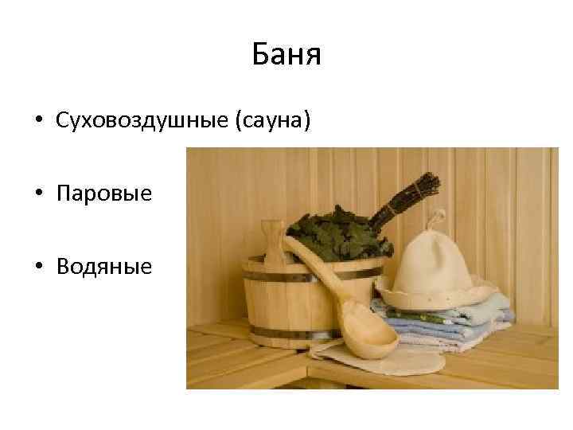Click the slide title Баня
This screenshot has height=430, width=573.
tap(286, 55)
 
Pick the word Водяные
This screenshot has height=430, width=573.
tap(103, 266)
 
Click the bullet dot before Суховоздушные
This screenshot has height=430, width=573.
tap(37, 122)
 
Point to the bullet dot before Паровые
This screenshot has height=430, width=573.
tap(37, 194)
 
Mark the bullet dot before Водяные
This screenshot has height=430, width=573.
tap(37, 267)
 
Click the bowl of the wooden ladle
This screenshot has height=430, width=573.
tap(368, 341)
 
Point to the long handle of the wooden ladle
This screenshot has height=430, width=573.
tap(314, 267)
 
